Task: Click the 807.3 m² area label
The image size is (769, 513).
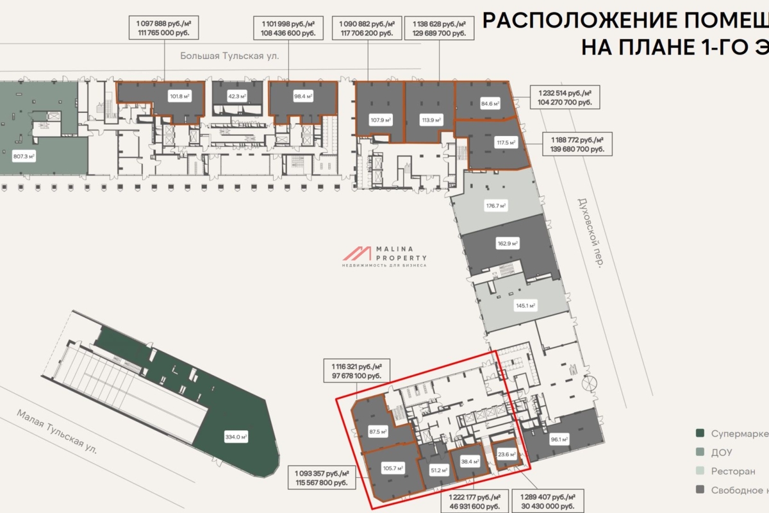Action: click(24, 155)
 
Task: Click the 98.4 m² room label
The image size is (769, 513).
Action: click(302, 97)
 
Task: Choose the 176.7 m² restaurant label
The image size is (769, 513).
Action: click(496, 206)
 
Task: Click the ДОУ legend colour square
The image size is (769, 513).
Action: click(700, 453)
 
